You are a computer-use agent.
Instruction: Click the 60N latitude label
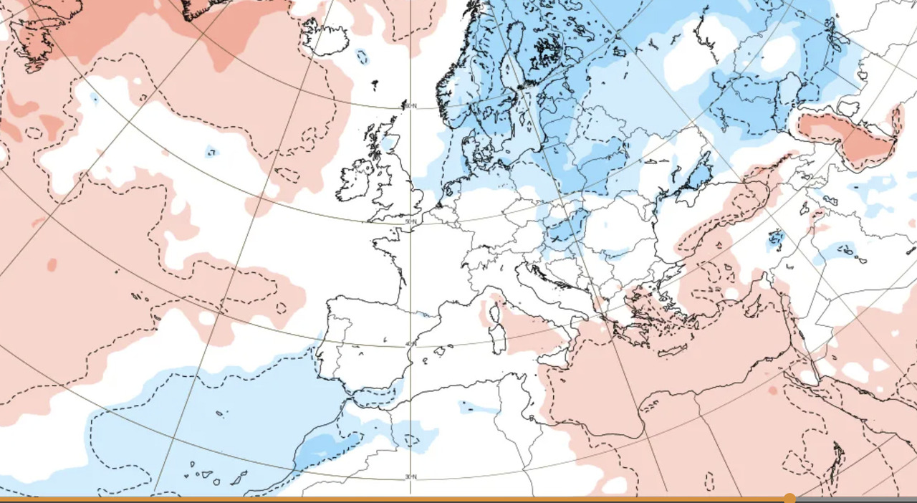410,107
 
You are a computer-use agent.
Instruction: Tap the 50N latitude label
410,222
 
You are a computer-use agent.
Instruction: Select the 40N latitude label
410,345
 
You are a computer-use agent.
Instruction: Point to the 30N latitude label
411,477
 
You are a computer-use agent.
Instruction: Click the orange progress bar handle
789,498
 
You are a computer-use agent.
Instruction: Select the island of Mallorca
440,351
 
